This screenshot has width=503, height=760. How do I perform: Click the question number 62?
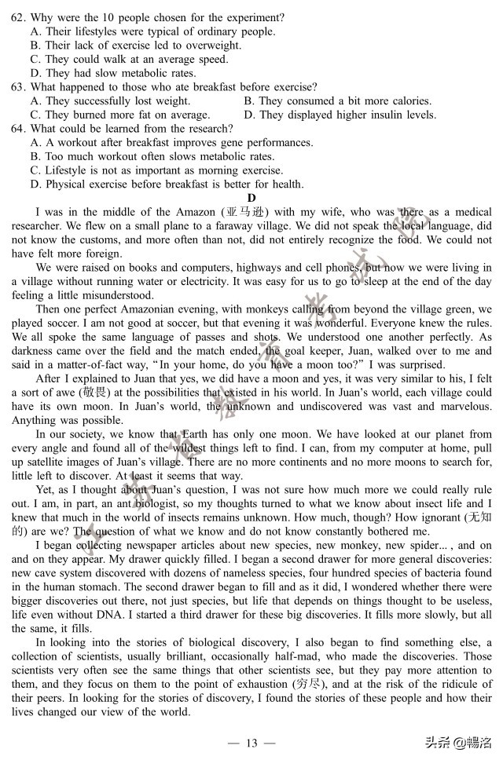18,17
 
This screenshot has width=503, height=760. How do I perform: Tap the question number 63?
18,86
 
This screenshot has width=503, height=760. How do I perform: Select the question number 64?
18,129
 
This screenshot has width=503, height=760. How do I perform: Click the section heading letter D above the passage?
251,198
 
